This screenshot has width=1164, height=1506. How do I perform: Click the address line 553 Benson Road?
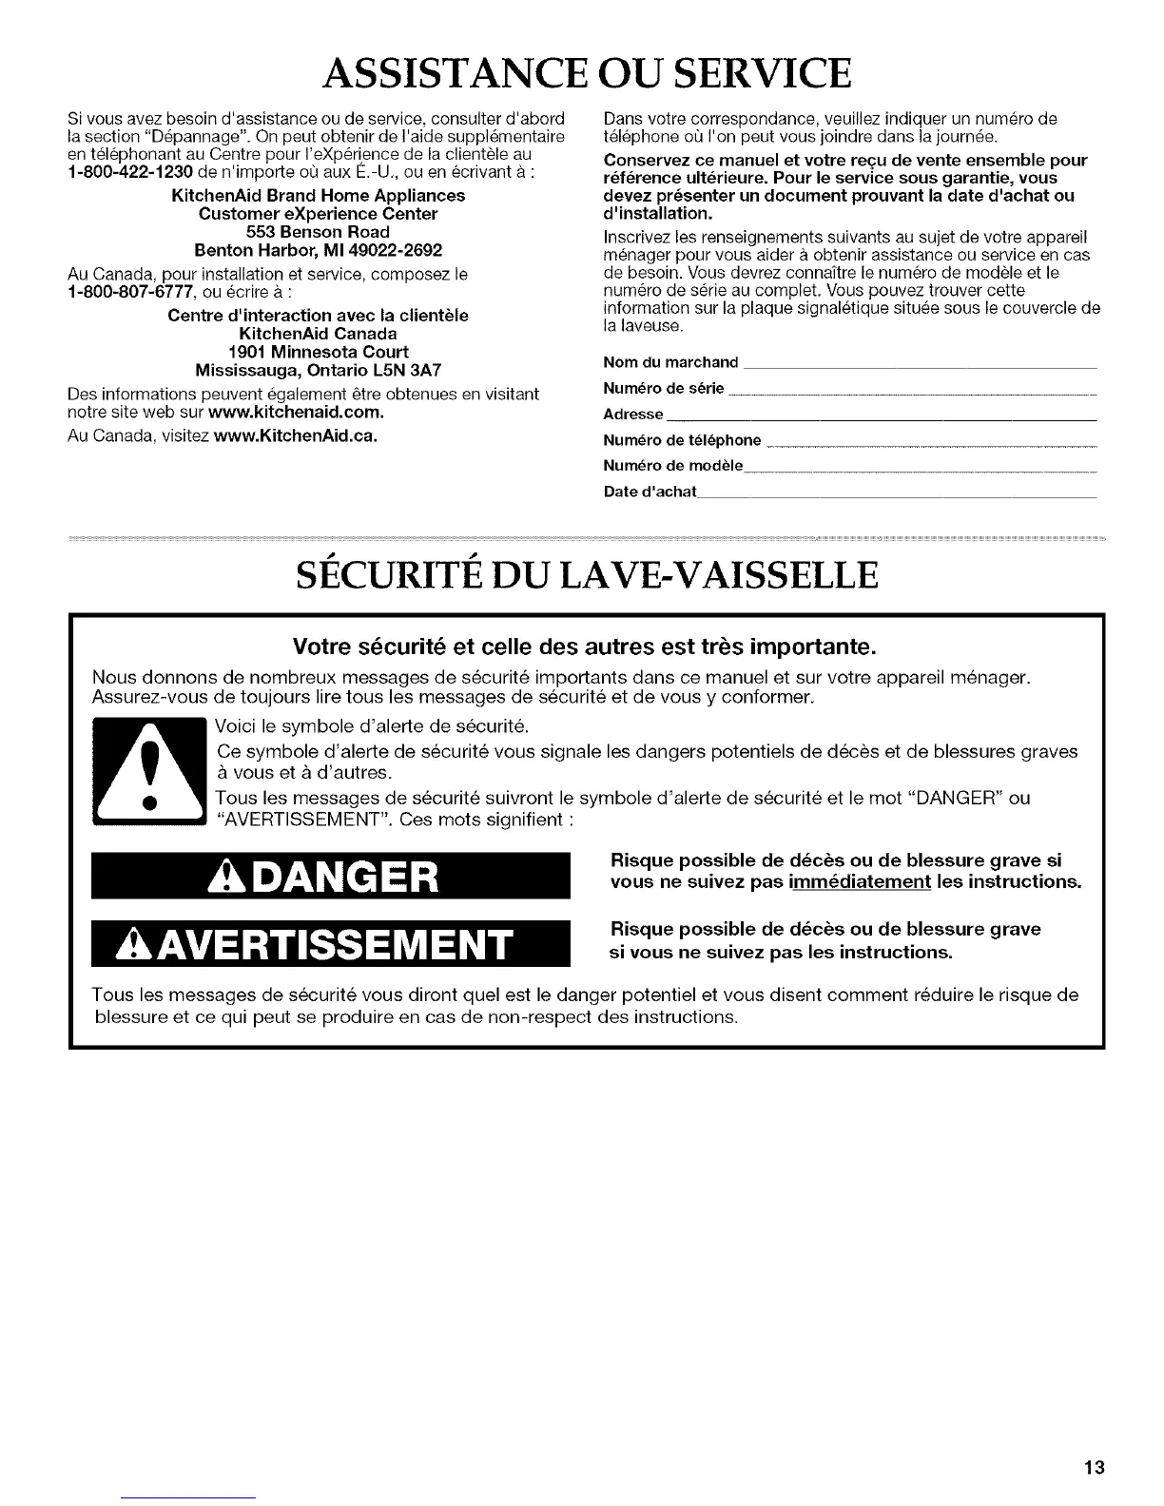[x=318, y=232]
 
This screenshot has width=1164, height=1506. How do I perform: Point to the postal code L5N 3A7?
[x=406, y=370]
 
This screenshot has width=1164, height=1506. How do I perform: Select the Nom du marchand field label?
[x=671, y=362]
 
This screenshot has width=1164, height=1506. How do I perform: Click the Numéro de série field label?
[x=664, y=388]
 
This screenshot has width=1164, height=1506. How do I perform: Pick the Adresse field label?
[x=633, y=415]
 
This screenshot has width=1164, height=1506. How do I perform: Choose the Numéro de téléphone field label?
[x=683, y=440]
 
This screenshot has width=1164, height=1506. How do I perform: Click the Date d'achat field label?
[x=650, y=492]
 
